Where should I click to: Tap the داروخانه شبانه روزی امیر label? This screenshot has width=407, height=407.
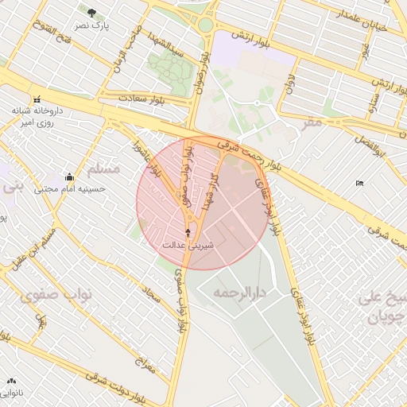pyautogui.click(x=35, y=117)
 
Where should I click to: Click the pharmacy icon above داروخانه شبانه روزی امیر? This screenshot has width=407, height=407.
pyautogui.click(x=37, y=99)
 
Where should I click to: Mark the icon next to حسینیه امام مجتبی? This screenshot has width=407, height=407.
pyautogui.click(x=69, y=177)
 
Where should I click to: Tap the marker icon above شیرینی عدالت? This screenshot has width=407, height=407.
pyautogui.click(x=188, y=232)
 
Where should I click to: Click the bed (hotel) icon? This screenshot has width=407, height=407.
pyautogui.click(x=359, y=184)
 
